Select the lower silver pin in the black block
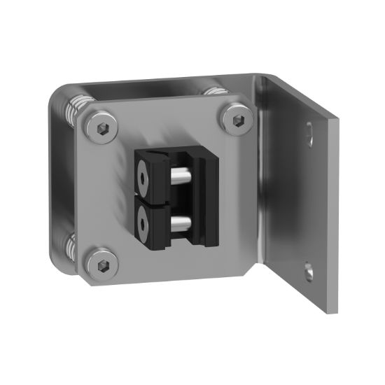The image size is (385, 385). pos(181,223)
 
